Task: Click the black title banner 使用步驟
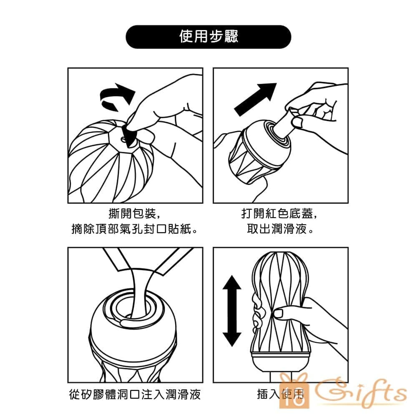coord(208,37)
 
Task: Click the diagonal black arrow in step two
coord(256,99)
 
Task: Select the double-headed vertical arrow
coord(232,311)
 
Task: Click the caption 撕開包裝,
coord(135,213)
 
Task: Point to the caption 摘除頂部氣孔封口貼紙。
coord(135,229)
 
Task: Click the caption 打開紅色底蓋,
coord(279,213)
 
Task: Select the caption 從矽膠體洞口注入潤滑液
coord(135,394)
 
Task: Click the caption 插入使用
coord(280,394)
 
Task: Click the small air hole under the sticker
coord(123,139)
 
